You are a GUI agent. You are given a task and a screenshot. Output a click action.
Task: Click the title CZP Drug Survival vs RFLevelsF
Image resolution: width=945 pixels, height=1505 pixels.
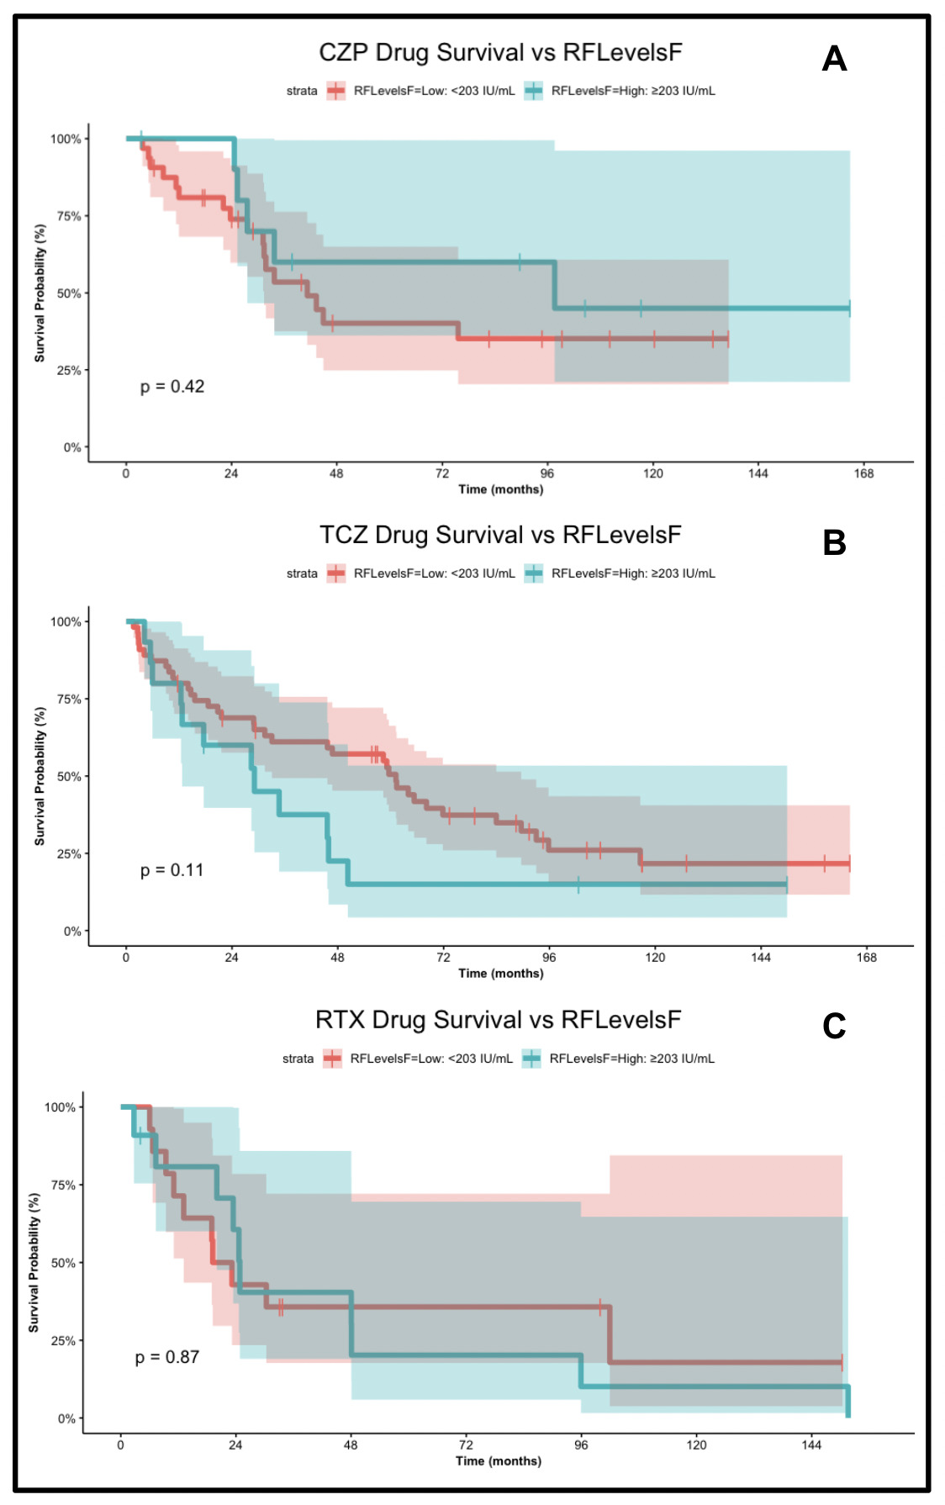click(500, 53)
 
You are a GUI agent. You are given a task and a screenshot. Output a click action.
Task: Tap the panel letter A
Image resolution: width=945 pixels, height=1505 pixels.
click(834, 59)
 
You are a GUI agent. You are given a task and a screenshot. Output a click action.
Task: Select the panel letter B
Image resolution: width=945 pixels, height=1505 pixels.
click(834, 543)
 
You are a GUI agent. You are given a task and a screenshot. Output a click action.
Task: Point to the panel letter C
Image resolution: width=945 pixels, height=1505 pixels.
click(834, 1026)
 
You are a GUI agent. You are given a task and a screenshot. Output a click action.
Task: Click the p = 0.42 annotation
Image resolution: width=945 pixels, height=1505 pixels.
click(172, 387)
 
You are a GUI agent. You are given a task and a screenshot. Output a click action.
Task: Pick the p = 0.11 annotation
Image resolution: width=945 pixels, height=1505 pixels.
click(172, 870)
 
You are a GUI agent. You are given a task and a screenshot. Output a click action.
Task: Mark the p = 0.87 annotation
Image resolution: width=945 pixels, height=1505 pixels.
click(167, 1357)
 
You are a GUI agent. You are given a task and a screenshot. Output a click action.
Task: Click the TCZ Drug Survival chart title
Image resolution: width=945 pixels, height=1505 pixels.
click(500, 536)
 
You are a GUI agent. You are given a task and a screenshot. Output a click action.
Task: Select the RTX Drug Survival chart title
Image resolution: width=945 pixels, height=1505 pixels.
click(498, 1020)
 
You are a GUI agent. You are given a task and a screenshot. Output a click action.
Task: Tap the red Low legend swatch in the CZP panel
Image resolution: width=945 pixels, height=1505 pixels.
click(336, 91)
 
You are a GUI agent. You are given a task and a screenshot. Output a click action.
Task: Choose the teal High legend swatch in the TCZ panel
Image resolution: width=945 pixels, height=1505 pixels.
click(534, 573)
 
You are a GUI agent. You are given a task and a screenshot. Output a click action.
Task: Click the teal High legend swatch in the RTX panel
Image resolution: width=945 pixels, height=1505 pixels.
click(531, 1059)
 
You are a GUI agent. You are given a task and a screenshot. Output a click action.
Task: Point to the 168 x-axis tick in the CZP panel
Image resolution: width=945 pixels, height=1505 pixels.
click(863, 473)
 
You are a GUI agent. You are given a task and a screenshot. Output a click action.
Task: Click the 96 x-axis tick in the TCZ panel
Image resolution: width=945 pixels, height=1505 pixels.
click(549, 957)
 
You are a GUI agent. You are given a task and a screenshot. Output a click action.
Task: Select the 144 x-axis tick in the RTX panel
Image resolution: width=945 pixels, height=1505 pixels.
click(811, 1444)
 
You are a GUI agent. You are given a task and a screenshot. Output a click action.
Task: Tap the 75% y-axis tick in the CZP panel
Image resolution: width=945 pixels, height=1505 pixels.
click(69, 216)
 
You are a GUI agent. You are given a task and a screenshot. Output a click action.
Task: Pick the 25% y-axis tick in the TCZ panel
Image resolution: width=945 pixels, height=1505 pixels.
click(69, 854)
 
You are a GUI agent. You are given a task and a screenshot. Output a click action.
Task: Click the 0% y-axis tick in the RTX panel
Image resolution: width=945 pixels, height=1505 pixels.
click(66, 1418)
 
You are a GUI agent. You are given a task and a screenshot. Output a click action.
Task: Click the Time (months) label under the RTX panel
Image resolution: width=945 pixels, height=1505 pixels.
click(499, 1460)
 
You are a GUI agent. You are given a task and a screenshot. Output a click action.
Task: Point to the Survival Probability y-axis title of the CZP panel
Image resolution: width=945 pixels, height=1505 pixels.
click(40, 293)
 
